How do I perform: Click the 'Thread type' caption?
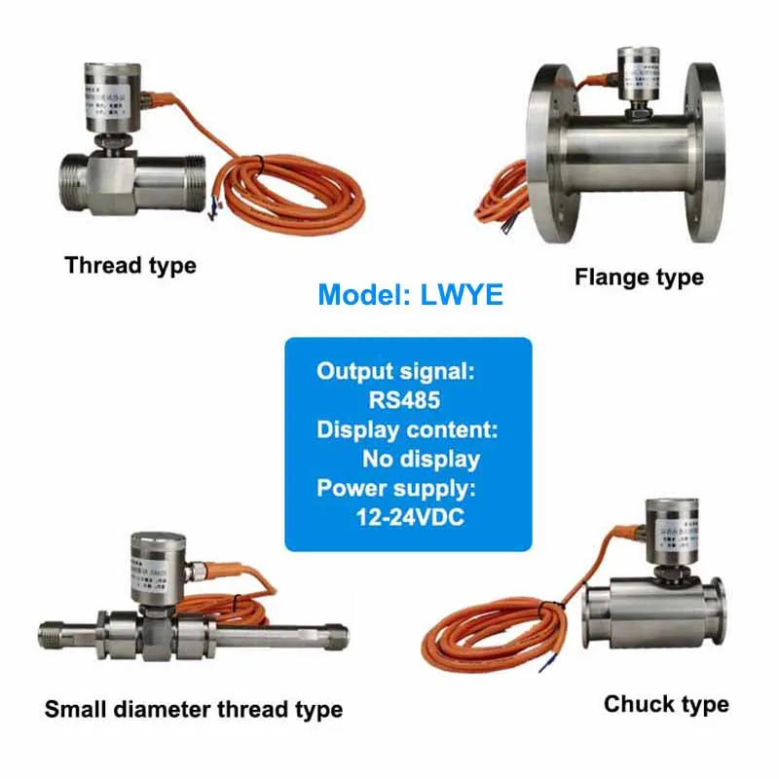tap(130, 265)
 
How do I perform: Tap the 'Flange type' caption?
tap(639, 278)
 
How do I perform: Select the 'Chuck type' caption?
tap(666, 704)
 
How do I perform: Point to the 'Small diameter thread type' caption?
tap(194, 709)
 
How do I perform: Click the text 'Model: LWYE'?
tap(411, 294)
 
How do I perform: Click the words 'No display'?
tap(421, 459)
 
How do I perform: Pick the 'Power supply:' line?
tap(395, 488)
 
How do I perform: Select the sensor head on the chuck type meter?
tap(670, 529)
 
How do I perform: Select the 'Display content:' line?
tap(408, 429)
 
